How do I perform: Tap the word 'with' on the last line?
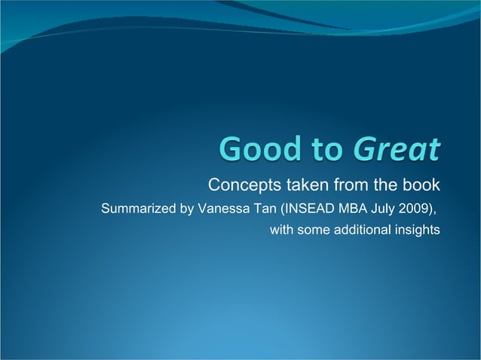coord(281,230)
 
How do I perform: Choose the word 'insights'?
coord(417,230)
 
